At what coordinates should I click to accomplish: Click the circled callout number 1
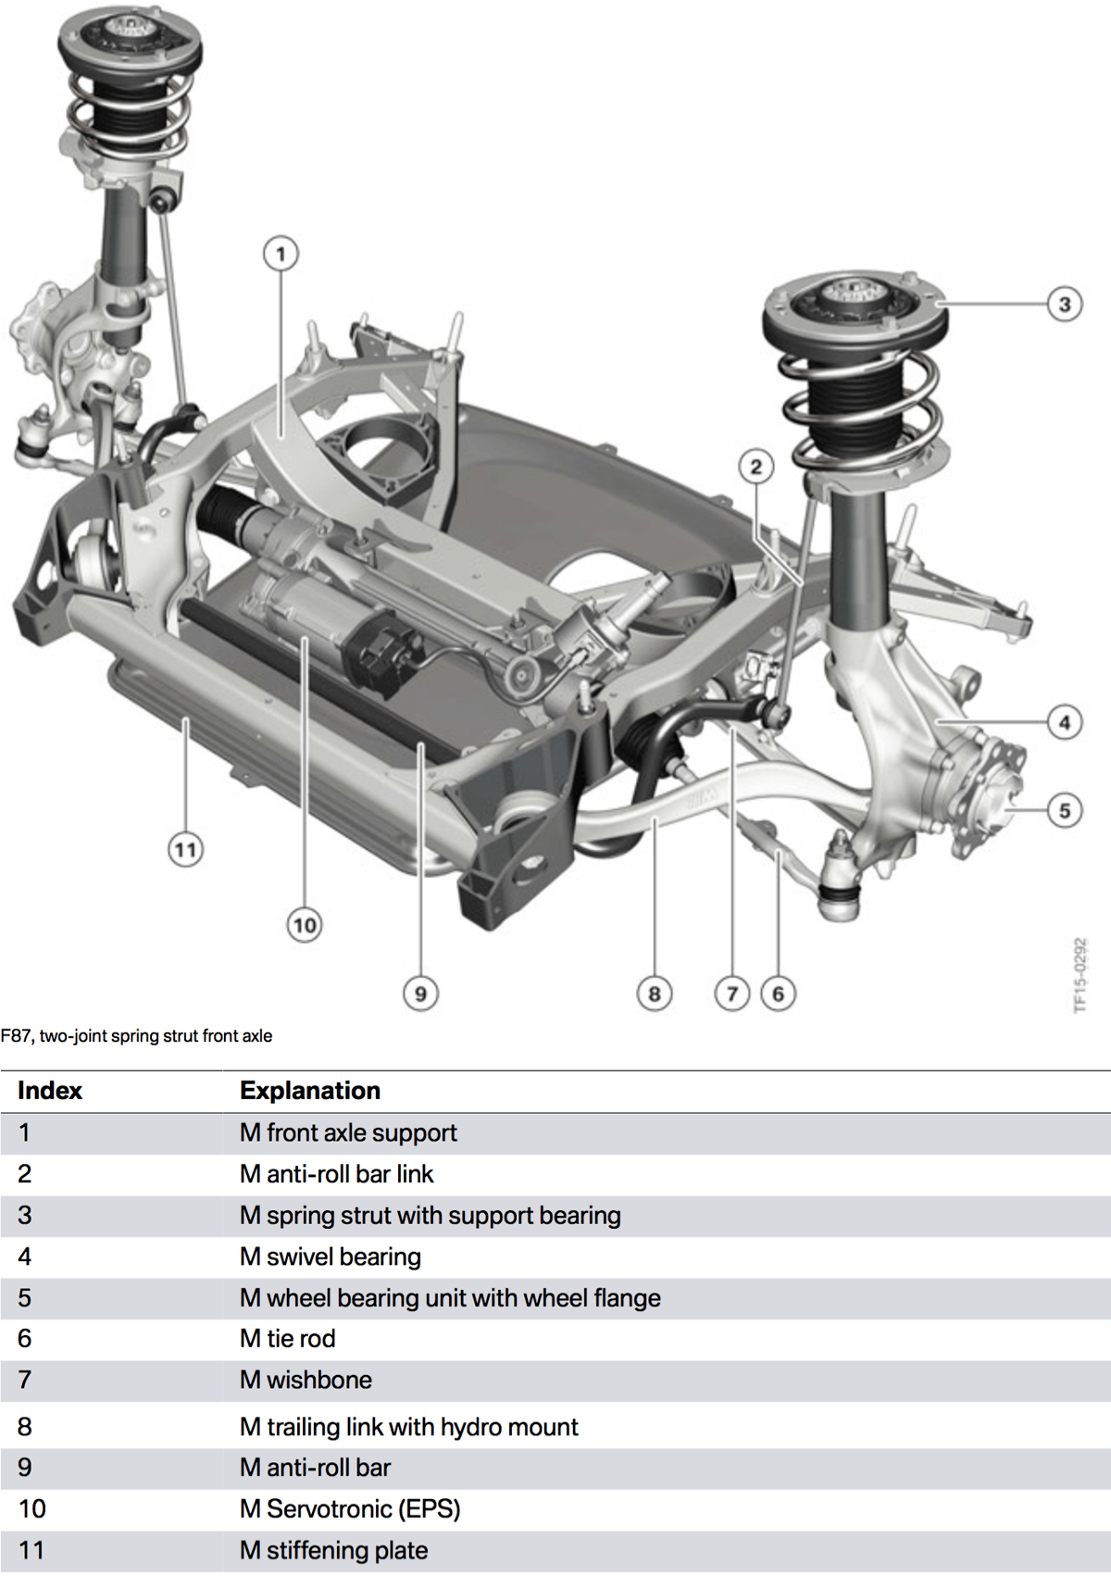281,253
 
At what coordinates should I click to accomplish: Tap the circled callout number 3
1064,304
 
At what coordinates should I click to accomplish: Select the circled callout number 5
1064,811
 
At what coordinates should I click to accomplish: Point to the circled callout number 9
420,994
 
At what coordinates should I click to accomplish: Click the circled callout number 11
185,849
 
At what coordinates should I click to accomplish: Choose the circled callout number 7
731,994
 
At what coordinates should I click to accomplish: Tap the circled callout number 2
756,467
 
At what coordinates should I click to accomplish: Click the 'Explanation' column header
310,1091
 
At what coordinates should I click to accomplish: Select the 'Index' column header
50,1091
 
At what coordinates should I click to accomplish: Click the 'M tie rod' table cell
288,1339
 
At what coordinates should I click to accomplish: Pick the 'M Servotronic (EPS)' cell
350,1509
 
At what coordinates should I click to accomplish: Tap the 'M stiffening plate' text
334,1550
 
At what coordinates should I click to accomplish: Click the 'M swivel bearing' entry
331,1257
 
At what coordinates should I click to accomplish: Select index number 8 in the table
25,1427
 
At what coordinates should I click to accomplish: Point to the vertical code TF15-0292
1080,975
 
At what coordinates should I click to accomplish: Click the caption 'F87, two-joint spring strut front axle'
137,1036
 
